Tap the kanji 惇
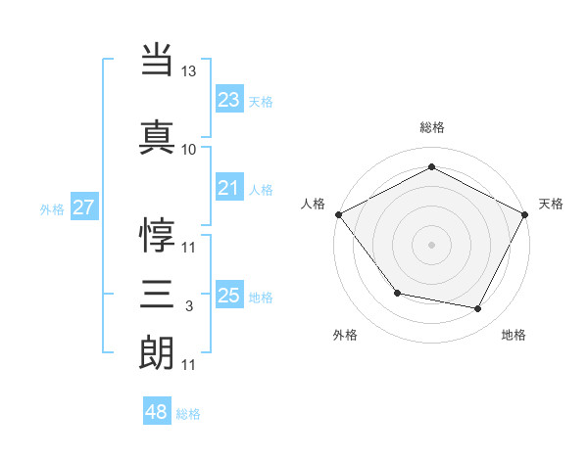pyautogui.click(x=157, y=236)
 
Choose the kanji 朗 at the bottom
pyautogui.click(x=157, y=353)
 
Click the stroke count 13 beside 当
pyautogui.click(x=189, y=72)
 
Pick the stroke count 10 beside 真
pyautogui.click(x=189, y=150)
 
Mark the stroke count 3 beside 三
pyautogui.click(x=189, y=306)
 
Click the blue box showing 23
pyautogui.click(x=229, y=100)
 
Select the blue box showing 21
pyautogui.click(x=229, y=188)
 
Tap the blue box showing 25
pyautogui.click(x=229, y=296)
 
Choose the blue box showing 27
pyautogui.click(x=83, y=207)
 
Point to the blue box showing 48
pyautogui.click(x=157, y=412)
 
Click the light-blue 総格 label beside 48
pyautogui.click(x=188, y=414)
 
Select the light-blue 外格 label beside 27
pyautogui.click(x=52, y=209)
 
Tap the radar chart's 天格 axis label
pyautogui.click(x=551, y=204)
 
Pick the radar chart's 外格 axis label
pyautogui.click(x=345, y=335)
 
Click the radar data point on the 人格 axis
pyautogui.click(x=339, y=214)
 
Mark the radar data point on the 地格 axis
pyautogui.click(x=478, y=309)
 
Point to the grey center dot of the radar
pyautogui.click(x=431, y=244)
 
